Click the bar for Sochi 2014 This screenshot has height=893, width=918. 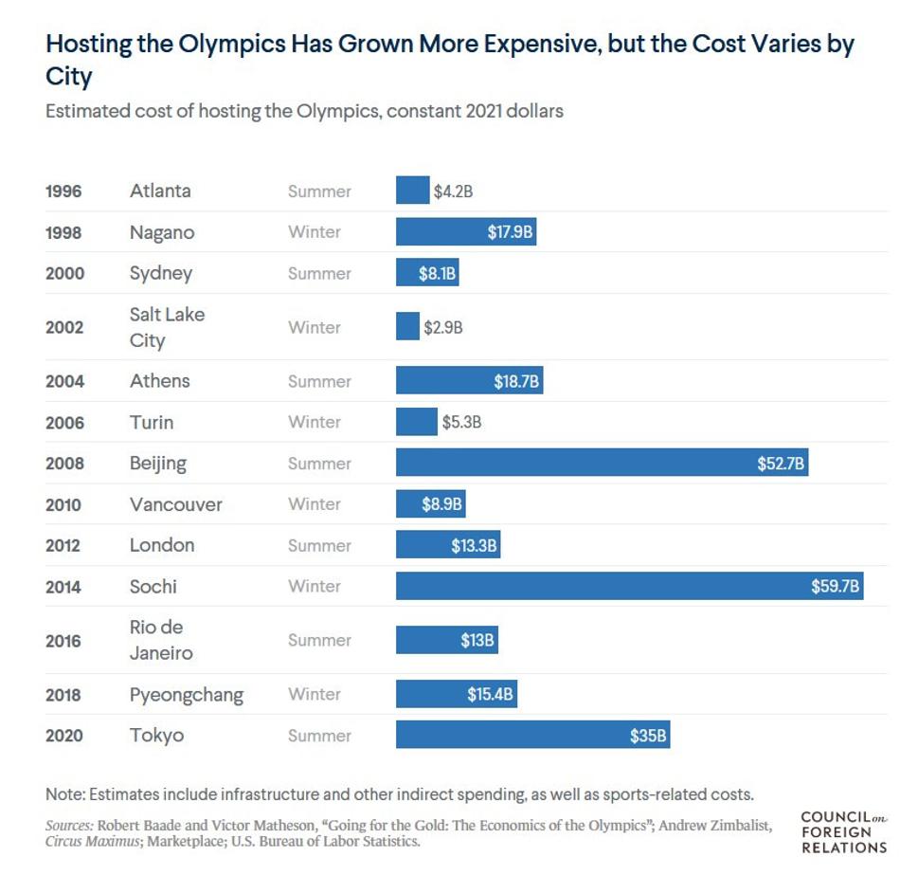(x=629, y=586)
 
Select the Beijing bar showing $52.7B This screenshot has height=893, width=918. (x=602, y=464)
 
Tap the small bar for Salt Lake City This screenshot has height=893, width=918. (x=407, y=327)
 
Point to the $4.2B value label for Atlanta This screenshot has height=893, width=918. (x=453, y=191)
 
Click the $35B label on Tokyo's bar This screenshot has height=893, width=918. (x=648, y=736)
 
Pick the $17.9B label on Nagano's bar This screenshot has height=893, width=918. (x=510, y=232)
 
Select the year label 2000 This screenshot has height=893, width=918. (x=64, y=274)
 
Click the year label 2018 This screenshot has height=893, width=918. (x=64, y=695)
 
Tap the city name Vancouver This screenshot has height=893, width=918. (x=176, y=504)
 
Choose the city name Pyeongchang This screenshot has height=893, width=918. (x=187, y=695)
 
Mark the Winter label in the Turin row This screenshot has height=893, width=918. (x=315, y=423)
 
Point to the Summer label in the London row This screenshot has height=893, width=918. (x=319, y=546)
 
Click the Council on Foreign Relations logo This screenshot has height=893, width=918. (x=843, y=832)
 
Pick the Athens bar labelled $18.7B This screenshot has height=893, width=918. (x=469, y=381)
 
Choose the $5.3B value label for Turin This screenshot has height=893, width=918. (x=461, y=423)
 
